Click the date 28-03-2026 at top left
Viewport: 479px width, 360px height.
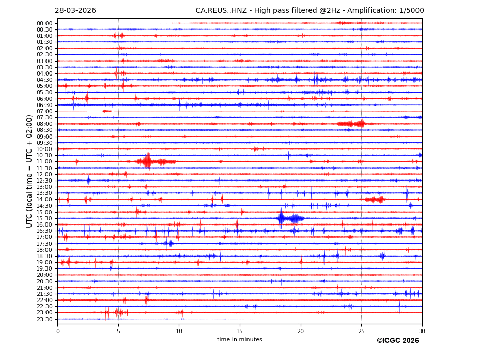point(75,11)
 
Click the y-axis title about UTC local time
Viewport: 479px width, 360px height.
point(30,171)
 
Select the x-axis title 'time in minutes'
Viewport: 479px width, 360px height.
point(239,339)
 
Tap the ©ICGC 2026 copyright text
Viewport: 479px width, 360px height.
point(397,341)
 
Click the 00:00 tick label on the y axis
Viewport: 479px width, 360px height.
point(44,23)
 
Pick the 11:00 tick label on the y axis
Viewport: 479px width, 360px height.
point(44,162)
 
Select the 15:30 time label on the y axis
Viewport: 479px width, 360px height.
point(44,218)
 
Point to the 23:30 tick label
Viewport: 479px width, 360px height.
point(44,319)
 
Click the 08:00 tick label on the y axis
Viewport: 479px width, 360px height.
point(44,124)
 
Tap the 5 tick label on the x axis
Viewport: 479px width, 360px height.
point(118,331)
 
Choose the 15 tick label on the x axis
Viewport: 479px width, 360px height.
point(240,331)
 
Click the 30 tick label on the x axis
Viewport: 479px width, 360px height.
point(422,331)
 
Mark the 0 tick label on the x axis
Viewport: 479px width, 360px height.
point(58,331)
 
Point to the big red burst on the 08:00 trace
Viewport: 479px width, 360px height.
point(351,124)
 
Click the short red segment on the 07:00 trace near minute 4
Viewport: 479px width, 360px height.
point(107,111)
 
